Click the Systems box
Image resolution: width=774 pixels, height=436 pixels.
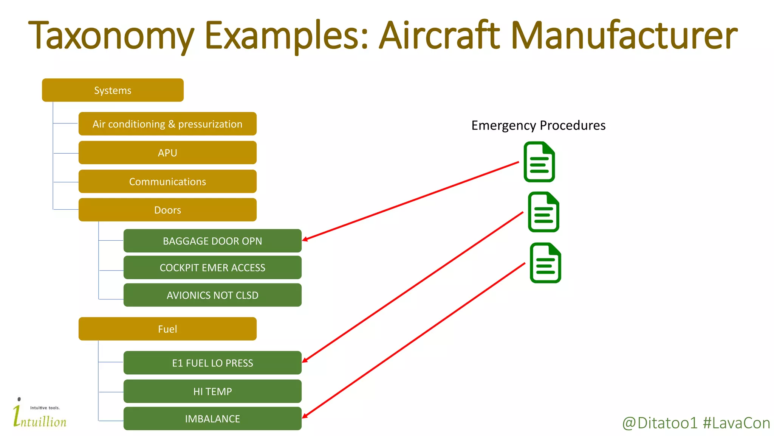(x=113, y=90)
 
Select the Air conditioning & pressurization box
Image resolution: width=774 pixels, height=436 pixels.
(x=167, y=124)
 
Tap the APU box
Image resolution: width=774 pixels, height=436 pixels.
(x=167, y=153)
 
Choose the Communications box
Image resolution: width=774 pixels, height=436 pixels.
(x=167, y=181)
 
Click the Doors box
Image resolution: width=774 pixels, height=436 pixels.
(x=167, y=210)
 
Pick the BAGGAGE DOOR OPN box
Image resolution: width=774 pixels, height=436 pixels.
(x=212, y=241)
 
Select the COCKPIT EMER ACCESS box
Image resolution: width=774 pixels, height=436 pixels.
(x=212, y=268)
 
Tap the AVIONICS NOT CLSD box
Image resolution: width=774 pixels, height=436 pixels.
(x=212, y=295)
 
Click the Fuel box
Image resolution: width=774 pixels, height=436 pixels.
(x=167, y=329)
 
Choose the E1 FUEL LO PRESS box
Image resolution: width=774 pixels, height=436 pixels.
(x=212, y=363)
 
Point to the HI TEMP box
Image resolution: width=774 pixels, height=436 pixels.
(x=212, y=391)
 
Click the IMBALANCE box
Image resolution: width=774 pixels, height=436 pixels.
(x=212, y=418)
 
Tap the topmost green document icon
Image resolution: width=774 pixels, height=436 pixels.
(x=539, y=162)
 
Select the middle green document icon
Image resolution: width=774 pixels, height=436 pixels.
(x=543, y=212)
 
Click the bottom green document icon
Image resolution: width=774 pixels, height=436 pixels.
(x=545, y=263)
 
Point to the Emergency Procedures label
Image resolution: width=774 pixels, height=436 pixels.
(x=538, y=125)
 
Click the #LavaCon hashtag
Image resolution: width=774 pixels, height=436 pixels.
(x=736, y=423)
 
